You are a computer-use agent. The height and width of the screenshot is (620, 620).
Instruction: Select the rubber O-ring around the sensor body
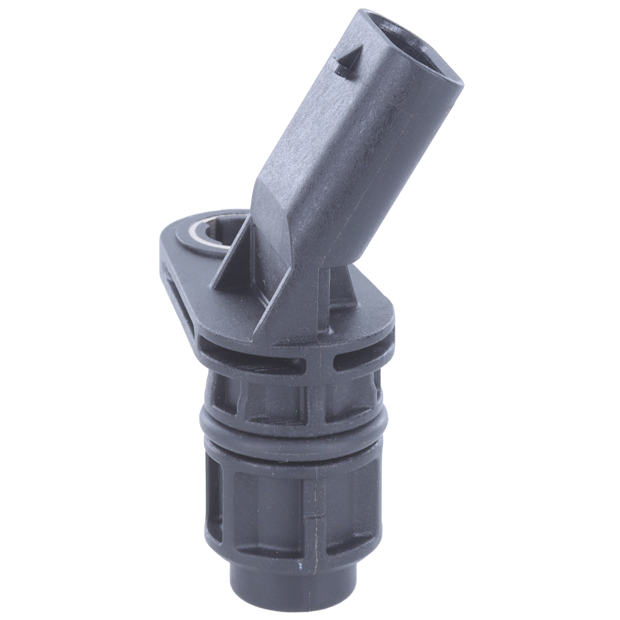[x=289, y=427]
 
